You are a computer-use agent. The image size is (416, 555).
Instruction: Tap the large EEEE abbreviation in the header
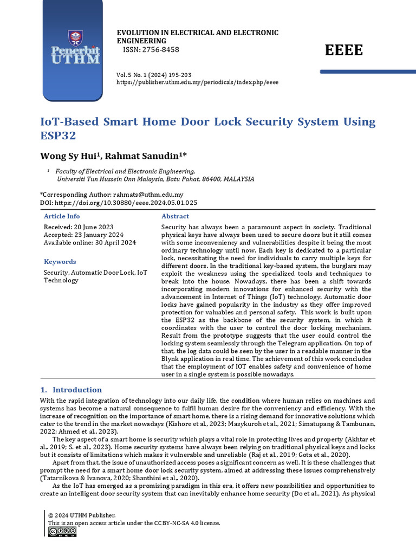pyautogui.click(x=344, y=50)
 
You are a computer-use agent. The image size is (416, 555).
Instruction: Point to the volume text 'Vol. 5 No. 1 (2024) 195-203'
pyautogui.click(x=154, y=74)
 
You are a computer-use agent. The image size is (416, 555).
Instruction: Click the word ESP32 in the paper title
pyautogui.click(x=58, y=135)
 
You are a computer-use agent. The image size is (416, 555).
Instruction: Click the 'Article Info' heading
pyautogui.click(x=62, y=216)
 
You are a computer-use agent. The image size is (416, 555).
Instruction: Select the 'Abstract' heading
pyautogui.click(x=175, y=216)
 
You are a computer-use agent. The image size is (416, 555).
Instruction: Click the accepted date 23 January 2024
pyautogui.click(x=96, y=235)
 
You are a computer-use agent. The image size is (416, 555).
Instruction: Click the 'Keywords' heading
pyautogui.click(x=60, y=261)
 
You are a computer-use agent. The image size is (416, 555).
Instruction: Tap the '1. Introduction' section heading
pyautogui.click(x=71, y=390)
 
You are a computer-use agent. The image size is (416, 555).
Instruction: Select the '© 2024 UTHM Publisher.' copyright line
pyautogui.click(x=82, y=515)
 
